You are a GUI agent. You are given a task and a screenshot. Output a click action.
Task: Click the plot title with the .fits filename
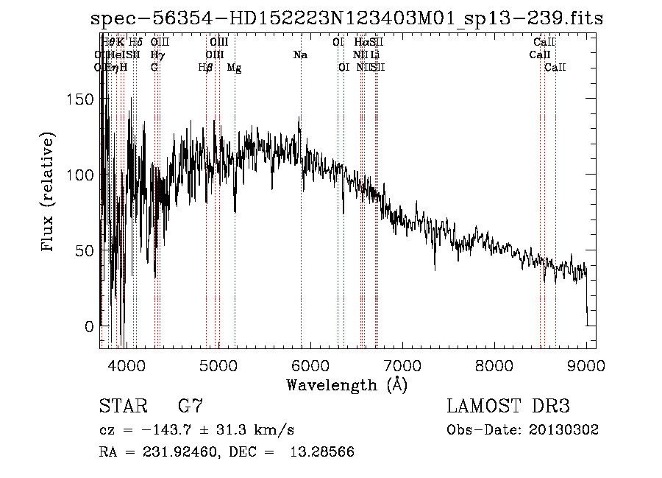[346, 18]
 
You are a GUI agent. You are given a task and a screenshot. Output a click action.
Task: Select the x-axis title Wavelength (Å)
[346, 384]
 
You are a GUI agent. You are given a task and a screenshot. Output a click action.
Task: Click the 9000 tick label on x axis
[586, 365]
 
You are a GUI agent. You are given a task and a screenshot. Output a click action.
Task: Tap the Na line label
[300, 55]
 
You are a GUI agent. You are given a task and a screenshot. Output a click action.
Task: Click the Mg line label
[234, 68]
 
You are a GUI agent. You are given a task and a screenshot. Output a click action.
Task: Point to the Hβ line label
[206, 68]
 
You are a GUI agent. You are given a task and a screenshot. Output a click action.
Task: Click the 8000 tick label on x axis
[494, 365]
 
